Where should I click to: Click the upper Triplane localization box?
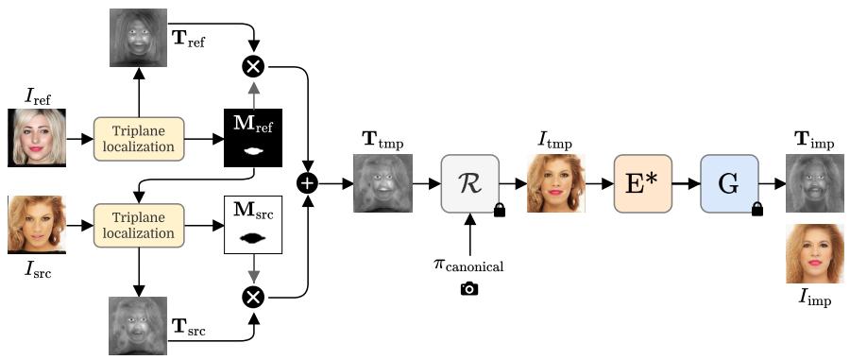[x=139, y=138]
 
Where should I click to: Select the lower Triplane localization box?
[x=139, y=225]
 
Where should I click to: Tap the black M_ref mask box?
[x=253, y=138]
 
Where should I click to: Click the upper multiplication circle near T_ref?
[x=253, y=67]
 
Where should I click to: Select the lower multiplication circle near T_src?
[x=253, y=297]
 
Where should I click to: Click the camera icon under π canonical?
[x=469, y=288]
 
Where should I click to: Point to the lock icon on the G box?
[x=756, y=209]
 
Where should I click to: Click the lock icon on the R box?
[x=498, y=210]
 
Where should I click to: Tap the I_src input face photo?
[x=37, y=225]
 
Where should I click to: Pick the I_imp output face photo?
[x=815, y=254]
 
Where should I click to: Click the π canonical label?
[x=469, y=266]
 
